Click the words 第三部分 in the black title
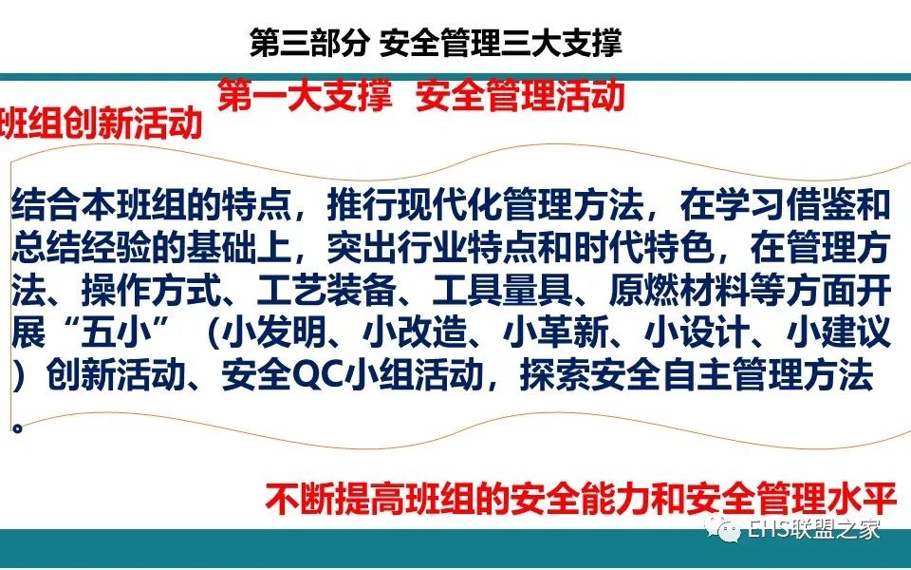pyautogui.click(x=309, y=43)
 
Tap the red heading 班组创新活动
pyautogui.click(x=100, y=123)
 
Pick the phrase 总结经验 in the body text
pyautogui.click(x=82, y=248)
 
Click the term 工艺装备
pyautogui.click(x=327, y=291)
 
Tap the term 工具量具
pyautogui.click(x=503, y=291)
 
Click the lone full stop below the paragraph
pyautogui.click(x=18, y=428)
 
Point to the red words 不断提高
pyautogui.click(x=335, y=499)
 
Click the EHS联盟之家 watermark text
pyautogui.click(x=814, y=529)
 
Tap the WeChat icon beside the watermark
pyautogui.click(x=722, y=528)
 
